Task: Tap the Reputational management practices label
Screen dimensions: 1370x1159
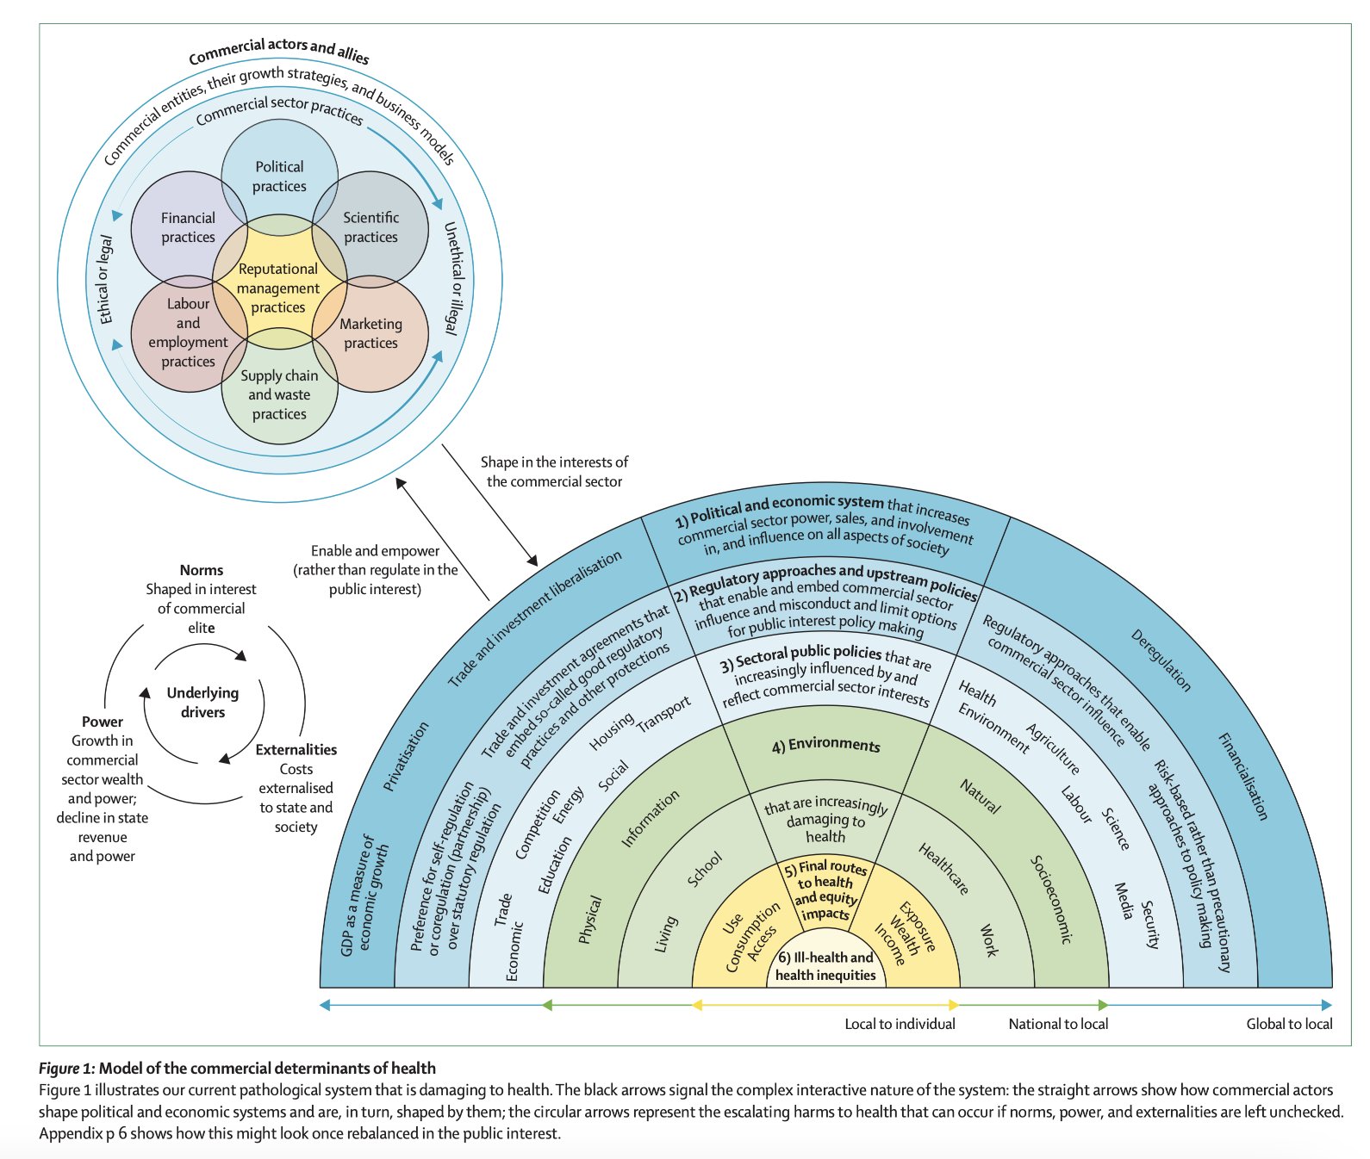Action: pyautogui.click(x=278, y=288)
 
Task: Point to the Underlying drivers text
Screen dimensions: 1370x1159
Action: pyautogui.click(x=202, y=703)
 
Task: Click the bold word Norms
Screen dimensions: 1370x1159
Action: pyautogui.click(x=202, y=570)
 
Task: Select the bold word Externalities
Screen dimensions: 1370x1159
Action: pyautogui.click(x=296, y=750)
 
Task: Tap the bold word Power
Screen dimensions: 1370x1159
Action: pyautogui.click(x=103, y=722)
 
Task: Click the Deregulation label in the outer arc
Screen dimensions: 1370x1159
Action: pyautogui.click(x=1161, y=660)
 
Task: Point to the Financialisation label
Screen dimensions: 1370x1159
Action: pyautogui.click(x=1242, y=776)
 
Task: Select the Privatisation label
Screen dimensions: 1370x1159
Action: pyautogui.click(x=406, y=756)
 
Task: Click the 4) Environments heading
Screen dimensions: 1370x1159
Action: pyautogui.click(x=825, y=746)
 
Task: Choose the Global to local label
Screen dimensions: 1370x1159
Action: pyautogui.click(x=1289, y=1024)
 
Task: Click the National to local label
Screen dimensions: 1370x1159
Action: pyautogui.click(x=1058, y=1024)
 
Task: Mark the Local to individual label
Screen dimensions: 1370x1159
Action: pyautogui.click(x=900, y=1024)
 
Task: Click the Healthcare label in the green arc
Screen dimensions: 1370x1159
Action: pyautogui.click(x=943, y=869)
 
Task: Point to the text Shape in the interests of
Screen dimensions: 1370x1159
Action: pyautogui.click(x=554, y=462)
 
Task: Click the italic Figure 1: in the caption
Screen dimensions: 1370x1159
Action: pyautogui.click(x=66, y=1069)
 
